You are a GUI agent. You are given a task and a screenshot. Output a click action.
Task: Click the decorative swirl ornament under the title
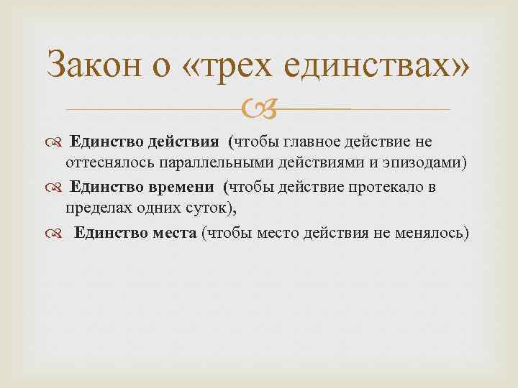(x=258, y=110)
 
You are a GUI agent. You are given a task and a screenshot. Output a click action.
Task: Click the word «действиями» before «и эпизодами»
(x=334, y=164)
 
